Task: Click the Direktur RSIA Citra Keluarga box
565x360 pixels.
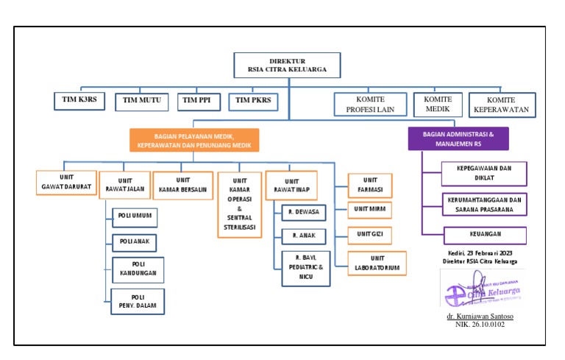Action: [288, 66]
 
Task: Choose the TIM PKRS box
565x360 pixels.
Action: [253, 101]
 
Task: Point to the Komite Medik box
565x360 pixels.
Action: [437, 105]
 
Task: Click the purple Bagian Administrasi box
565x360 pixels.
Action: [458, 138]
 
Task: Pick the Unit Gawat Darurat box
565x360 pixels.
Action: [65, 183]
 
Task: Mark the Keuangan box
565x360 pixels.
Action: [485, 236]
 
